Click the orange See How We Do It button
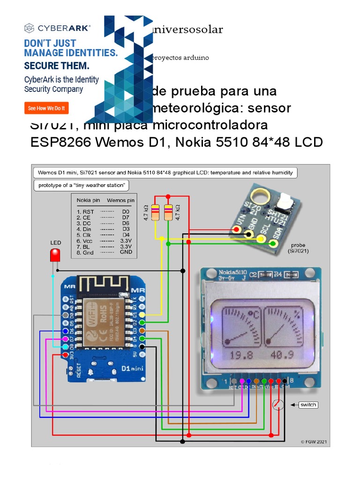click(x=46, y=108)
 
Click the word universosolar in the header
click(x=187, y=30)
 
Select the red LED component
click(x=55, y=255)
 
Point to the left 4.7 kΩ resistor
click(x=156, y=212)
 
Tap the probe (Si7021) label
click(x=298, y=248)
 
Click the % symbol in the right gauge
click(x=296, y=315)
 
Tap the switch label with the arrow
click(x=308, y=405)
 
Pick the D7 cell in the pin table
click(x=125, y=217)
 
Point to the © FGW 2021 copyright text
click(x=313, y=442)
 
